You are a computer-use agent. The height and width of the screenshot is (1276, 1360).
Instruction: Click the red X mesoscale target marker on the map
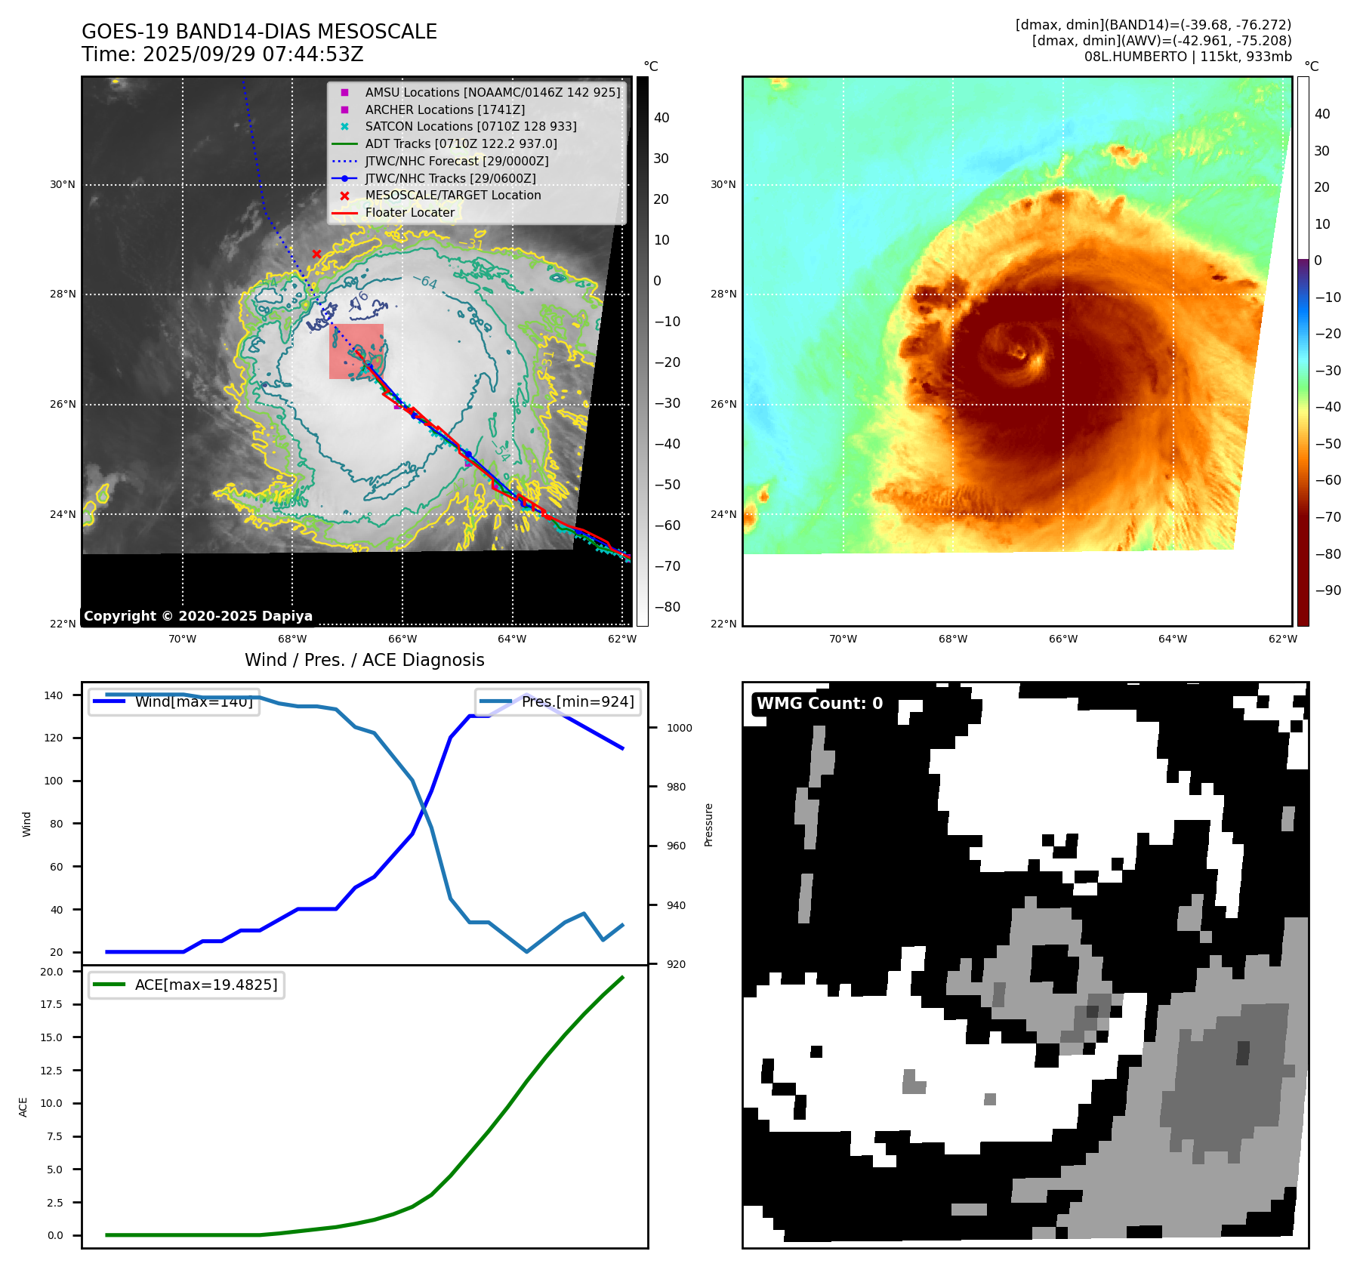(316, 254)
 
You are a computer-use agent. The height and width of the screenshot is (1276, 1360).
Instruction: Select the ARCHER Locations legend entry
(445, 109)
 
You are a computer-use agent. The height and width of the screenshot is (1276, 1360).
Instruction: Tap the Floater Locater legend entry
(409, 213)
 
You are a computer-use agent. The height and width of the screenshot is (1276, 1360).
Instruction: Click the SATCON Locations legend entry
(470, 127)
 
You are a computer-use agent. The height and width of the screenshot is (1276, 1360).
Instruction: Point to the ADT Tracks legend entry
(461, 143)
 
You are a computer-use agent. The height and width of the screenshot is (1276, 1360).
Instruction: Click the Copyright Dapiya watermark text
(198, 616)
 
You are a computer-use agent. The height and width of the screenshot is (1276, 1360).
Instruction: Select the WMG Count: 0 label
(819, 704)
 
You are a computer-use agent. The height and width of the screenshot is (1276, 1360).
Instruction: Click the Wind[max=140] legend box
(174, 701)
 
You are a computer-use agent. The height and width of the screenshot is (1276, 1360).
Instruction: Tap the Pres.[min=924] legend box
(558, 701)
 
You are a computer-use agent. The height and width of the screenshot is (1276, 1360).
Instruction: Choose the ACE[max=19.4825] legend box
(187, 985)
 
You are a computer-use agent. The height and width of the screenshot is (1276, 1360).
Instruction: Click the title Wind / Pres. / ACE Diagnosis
(364, 660)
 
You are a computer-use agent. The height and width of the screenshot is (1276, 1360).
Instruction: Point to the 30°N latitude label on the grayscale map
(63, 184)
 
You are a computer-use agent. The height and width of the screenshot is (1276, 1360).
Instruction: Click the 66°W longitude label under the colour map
(1062, 639)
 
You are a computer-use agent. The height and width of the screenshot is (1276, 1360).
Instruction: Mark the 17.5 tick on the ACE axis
(52, 1004)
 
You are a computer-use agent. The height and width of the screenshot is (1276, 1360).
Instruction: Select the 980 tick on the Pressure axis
(676, 787)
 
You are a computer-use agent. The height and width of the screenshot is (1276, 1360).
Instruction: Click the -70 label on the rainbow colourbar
(1328, 517)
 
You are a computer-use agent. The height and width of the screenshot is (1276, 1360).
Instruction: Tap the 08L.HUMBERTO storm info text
(1187, 57)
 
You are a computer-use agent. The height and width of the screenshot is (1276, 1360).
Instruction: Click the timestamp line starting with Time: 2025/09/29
(223, 54)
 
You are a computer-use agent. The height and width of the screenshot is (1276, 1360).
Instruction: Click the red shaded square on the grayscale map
(356, 351)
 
